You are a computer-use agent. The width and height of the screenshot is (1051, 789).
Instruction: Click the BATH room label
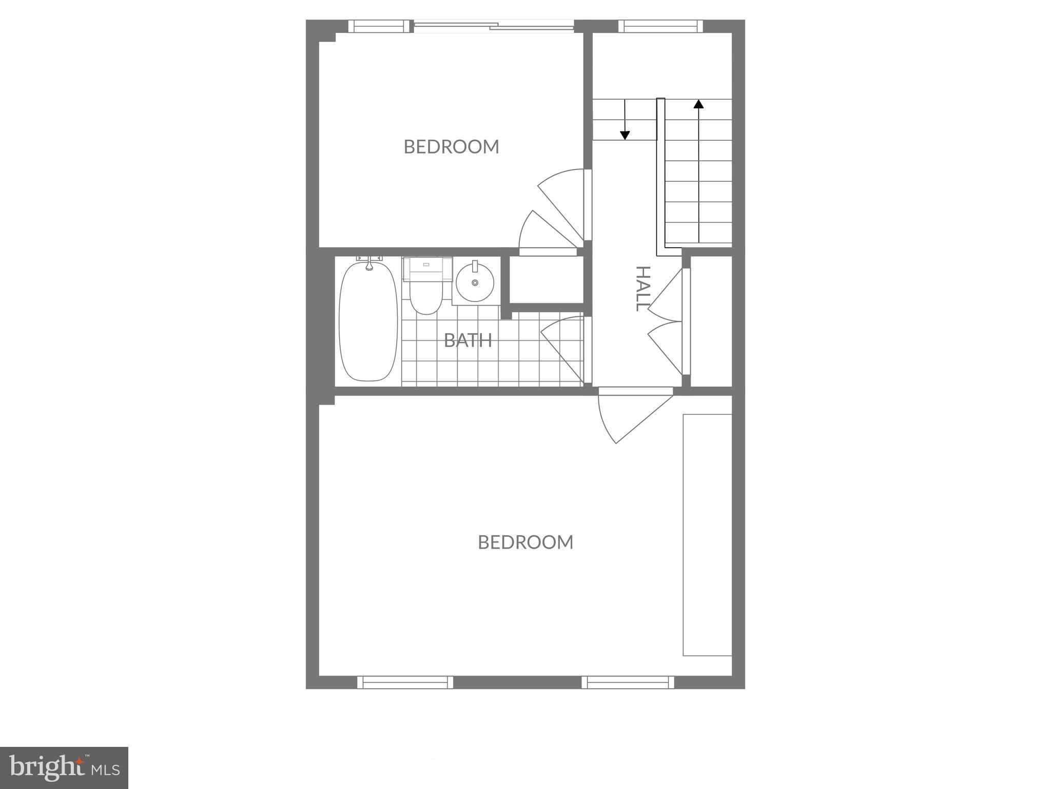coord(468,340)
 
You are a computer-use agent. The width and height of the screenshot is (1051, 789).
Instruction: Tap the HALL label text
coord(643,288)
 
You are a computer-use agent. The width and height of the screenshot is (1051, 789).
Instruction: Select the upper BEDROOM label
coord(451,147)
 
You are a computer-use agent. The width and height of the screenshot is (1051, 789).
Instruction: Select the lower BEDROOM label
coord(525,542)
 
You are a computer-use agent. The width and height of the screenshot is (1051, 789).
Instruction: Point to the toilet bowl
coord(425,298)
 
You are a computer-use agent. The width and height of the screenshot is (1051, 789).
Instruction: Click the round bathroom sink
coord(475,283)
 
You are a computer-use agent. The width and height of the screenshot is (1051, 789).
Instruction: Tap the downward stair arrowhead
coord(625,135)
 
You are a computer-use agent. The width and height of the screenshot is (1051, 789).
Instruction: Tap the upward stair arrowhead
coord(698,104)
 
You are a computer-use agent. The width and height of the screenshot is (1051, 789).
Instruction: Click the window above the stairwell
coord(660,26)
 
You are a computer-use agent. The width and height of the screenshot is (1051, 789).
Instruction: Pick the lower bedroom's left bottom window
coord(405,682)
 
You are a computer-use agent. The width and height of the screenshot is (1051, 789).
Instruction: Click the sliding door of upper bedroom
coord(494,26)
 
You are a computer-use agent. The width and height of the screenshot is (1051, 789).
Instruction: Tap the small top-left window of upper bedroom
coord(379,26)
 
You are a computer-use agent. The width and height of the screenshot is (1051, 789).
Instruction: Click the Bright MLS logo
coord(64,768)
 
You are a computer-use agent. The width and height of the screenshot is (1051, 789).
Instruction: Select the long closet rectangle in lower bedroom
coord(707,535)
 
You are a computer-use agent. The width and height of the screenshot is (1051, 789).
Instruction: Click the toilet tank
coord(427,269)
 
